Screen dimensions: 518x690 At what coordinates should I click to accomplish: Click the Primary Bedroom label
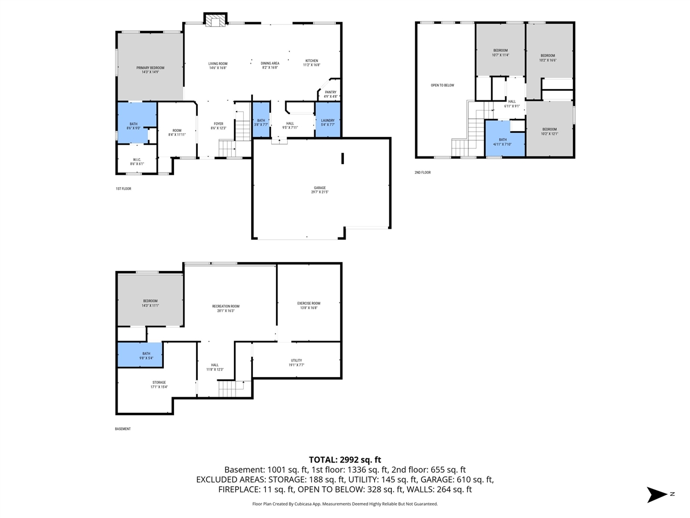pos(150,70)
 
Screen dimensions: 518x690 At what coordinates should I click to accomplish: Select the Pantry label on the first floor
pos(330,94)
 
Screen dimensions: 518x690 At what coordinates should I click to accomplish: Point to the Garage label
pos(320,190)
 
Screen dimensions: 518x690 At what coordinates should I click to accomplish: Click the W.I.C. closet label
pos(137,161)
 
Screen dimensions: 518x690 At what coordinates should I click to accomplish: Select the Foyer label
pos(218,126)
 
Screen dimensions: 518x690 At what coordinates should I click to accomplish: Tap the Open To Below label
pos(442,85)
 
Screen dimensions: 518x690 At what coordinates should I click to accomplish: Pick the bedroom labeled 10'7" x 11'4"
pos(500,52)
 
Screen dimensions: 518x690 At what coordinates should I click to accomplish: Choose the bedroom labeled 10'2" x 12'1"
pos(549,131)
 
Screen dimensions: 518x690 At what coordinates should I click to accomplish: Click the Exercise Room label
pos(308,305)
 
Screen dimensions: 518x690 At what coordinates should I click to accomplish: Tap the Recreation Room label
pos(225,308)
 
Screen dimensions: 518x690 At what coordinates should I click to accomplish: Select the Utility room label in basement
pos(296,363)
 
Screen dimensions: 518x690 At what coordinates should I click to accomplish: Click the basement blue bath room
pos(140,355)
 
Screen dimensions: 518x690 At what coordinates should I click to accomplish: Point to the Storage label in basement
pos(158,384)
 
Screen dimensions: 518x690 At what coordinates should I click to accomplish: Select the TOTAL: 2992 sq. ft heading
pos(345,460)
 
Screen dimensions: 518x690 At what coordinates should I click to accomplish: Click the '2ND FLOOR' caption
pos(423,173)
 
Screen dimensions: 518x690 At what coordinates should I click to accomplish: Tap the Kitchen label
pos(312,63)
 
